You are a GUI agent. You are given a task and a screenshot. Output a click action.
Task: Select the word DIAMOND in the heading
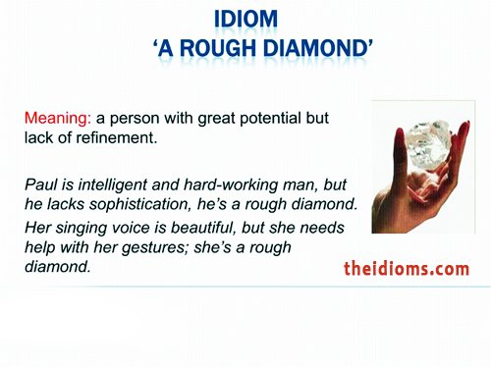[x=326, y=49]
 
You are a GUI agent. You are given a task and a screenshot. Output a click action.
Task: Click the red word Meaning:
[x=57, y=118]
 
